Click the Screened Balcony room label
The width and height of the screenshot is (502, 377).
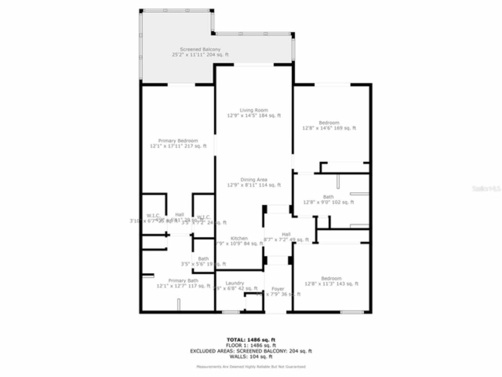click(x=200, y=49)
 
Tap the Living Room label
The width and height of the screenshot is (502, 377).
click(x=254, y=110)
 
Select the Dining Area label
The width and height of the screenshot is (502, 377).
click(x=254, y=180)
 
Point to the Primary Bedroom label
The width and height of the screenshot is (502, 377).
click(x=178, y=141)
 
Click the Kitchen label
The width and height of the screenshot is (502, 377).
click(x=239, y=238)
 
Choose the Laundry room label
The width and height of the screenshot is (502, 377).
click(x=235, y=283)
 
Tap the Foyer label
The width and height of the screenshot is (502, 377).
click(x=278, y=289)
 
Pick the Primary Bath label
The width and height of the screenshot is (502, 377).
click(x=183, y=281)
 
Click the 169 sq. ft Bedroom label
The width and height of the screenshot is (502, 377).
click(x=329, y=123)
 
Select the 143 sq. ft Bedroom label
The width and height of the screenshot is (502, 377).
click(x=331, y=278)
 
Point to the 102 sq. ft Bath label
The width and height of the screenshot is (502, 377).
click(x=328, y=197)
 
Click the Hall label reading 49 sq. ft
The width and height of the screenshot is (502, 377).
click(x=286, y=234)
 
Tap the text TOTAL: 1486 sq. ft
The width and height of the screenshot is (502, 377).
click(x=251, y=340)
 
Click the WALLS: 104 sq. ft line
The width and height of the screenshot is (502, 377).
click(x=251, y=357)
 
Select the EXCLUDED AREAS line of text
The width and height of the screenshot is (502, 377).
click(x=251, y=351)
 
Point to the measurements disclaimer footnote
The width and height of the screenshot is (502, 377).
click(x=251, y=367)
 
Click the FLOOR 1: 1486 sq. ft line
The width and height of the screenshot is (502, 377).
click(x=251, y=346)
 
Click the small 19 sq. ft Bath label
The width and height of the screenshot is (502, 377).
click(x=203, y=259)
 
